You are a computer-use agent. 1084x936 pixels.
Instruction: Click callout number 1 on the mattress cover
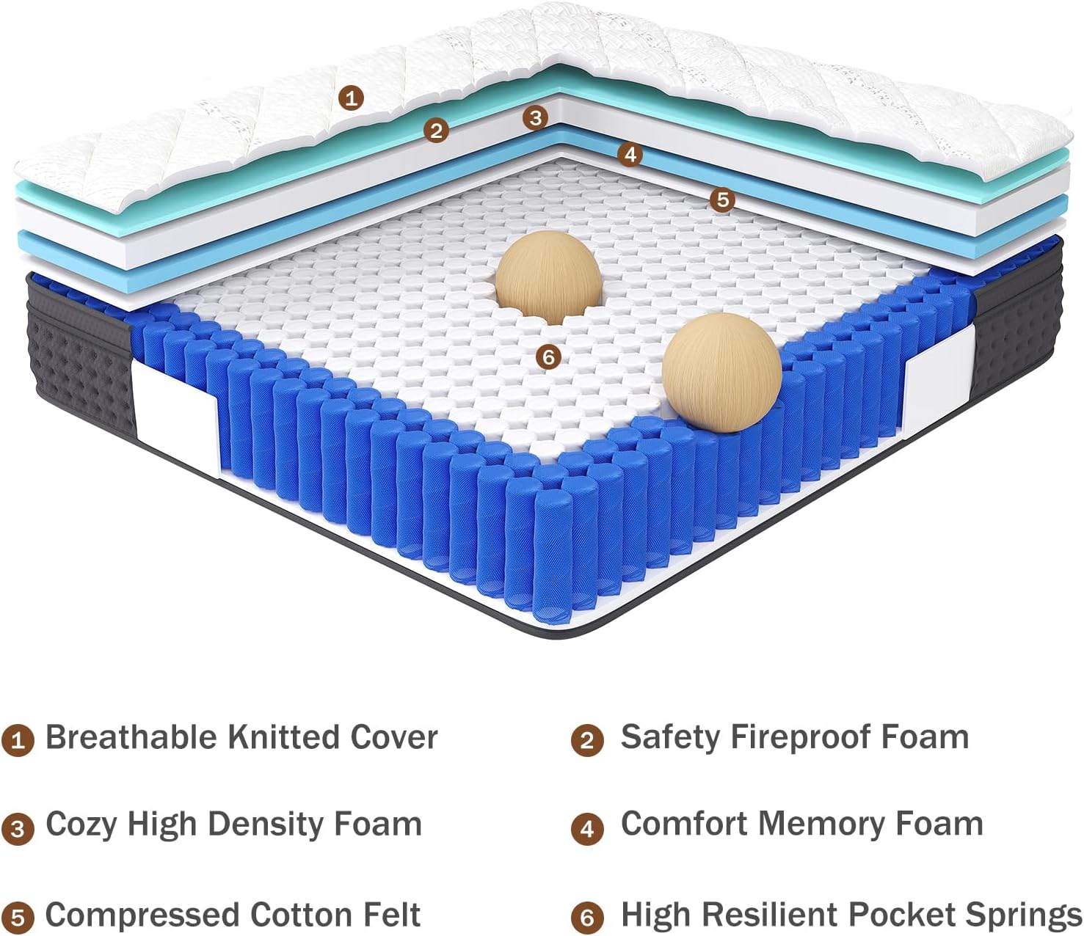point(352,97)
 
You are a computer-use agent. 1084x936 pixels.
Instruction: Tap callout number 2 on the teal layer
point(436,131)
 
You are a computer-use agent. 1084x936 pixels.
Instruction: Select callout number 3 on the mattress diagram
point(535,117)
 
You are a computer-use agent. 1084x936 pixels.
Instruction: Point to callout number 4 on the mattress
point(630,155)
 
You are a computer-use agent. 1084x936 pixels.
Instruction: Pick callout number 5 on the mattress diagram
point(722,199)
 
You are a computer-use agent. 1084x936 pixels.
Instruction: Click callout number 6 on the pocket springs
point(548,357)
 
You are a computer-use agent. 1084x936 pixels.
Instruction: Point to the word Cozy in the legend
point(81,825)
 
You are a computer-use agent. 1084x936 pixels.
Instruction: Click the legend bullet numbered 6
point(586,918)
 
